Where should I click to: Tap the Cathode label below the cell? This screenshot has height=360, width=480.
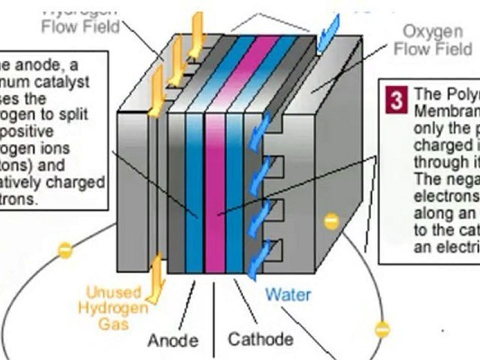click(260, 339)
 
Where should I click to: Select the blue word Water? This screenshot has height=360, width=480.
click(288, 294)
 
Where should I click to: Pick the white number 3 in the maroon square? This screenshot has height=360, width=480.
click(396, 101)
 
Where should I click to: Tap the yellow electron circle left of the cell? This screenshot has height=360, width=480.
click(65, 250)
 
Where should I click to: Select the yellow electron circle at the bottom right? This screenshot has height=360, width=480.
click(382, 329)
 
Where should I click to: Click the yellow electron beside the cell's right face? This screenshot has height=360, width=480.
click(331, 221)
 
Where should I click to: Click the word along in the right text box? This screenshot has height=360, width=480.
click(431, 213)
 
